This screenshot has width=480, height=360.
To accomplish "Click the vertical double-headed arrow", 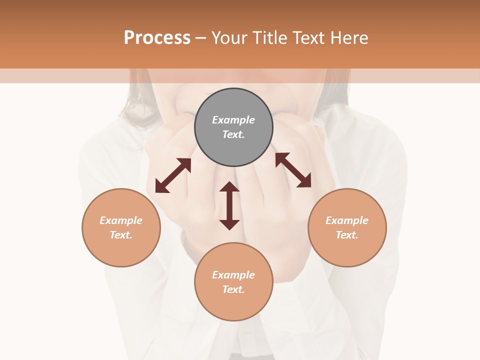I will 229,205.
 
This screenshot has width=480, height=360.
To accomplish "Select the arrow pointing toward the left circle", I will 173,175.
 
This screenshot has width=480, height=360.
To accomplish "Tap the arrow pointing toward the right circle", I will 293,170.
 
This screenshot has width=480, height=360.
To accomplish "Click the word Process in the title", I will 157,37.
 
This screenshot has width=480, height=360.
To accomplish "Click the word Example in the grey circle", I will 233,120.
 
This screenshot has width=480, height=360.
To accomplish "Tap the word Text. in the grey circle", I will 233,134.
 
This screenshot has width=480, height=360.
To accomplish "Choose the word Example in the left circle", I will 121,220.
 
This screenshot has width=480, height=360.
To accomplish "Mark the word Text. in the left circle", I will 121,235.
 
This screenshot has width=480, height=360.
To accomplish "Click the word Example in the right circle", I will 347,220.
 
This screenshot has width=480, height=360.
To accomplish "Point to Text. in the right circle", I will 347,235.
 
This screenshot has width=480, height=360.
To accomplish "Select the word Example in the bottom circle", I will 233,275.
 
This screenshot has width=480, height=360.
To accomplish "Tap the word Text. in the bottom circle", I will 233,289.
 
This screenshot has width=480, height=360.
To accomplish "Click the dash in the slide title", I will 201,38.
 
